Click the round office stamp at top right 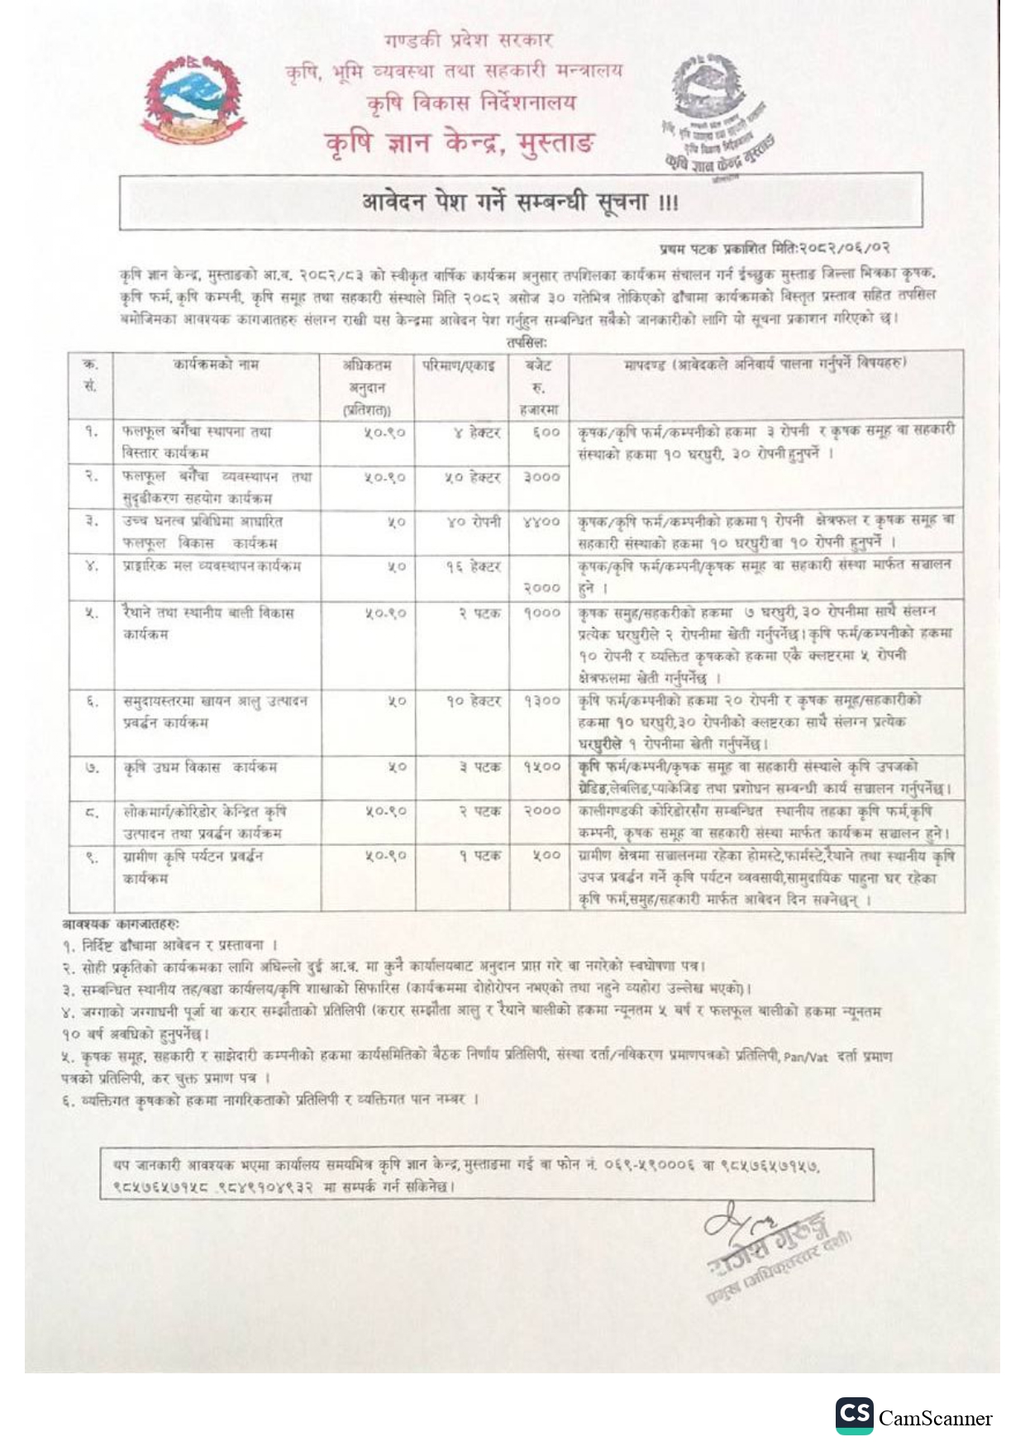pyautogui.click(x=715, y=112)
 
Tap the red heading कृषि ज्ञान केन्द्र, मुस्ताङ pyautogui.click(x=459, y=143)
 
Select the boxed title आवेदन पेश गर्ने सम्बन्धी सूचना pyautogui.click(x=520, y=202)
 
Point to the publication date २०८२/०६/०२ pyautogui.click(x=843, y=248)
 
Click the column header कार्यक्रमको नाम pyautogui.click(x=216, y=364)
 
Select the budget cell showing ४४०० pyautogui.click(x=541, y=522)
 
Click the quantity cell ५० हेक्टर pyautogui.click(x=473, y=477)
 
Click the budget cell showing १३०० pyautogui.click(x=541, y=701)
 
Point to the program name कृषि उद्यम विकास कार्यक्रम pyautogui.click(x=200, y=767)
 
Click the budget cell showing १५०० pyautogui.click(x=541, y=767)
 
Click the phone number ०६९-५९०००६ pyautogui.click(x=650, y=1165)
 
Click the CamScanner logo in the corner pyautogui.click(x=914, y=1417)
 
